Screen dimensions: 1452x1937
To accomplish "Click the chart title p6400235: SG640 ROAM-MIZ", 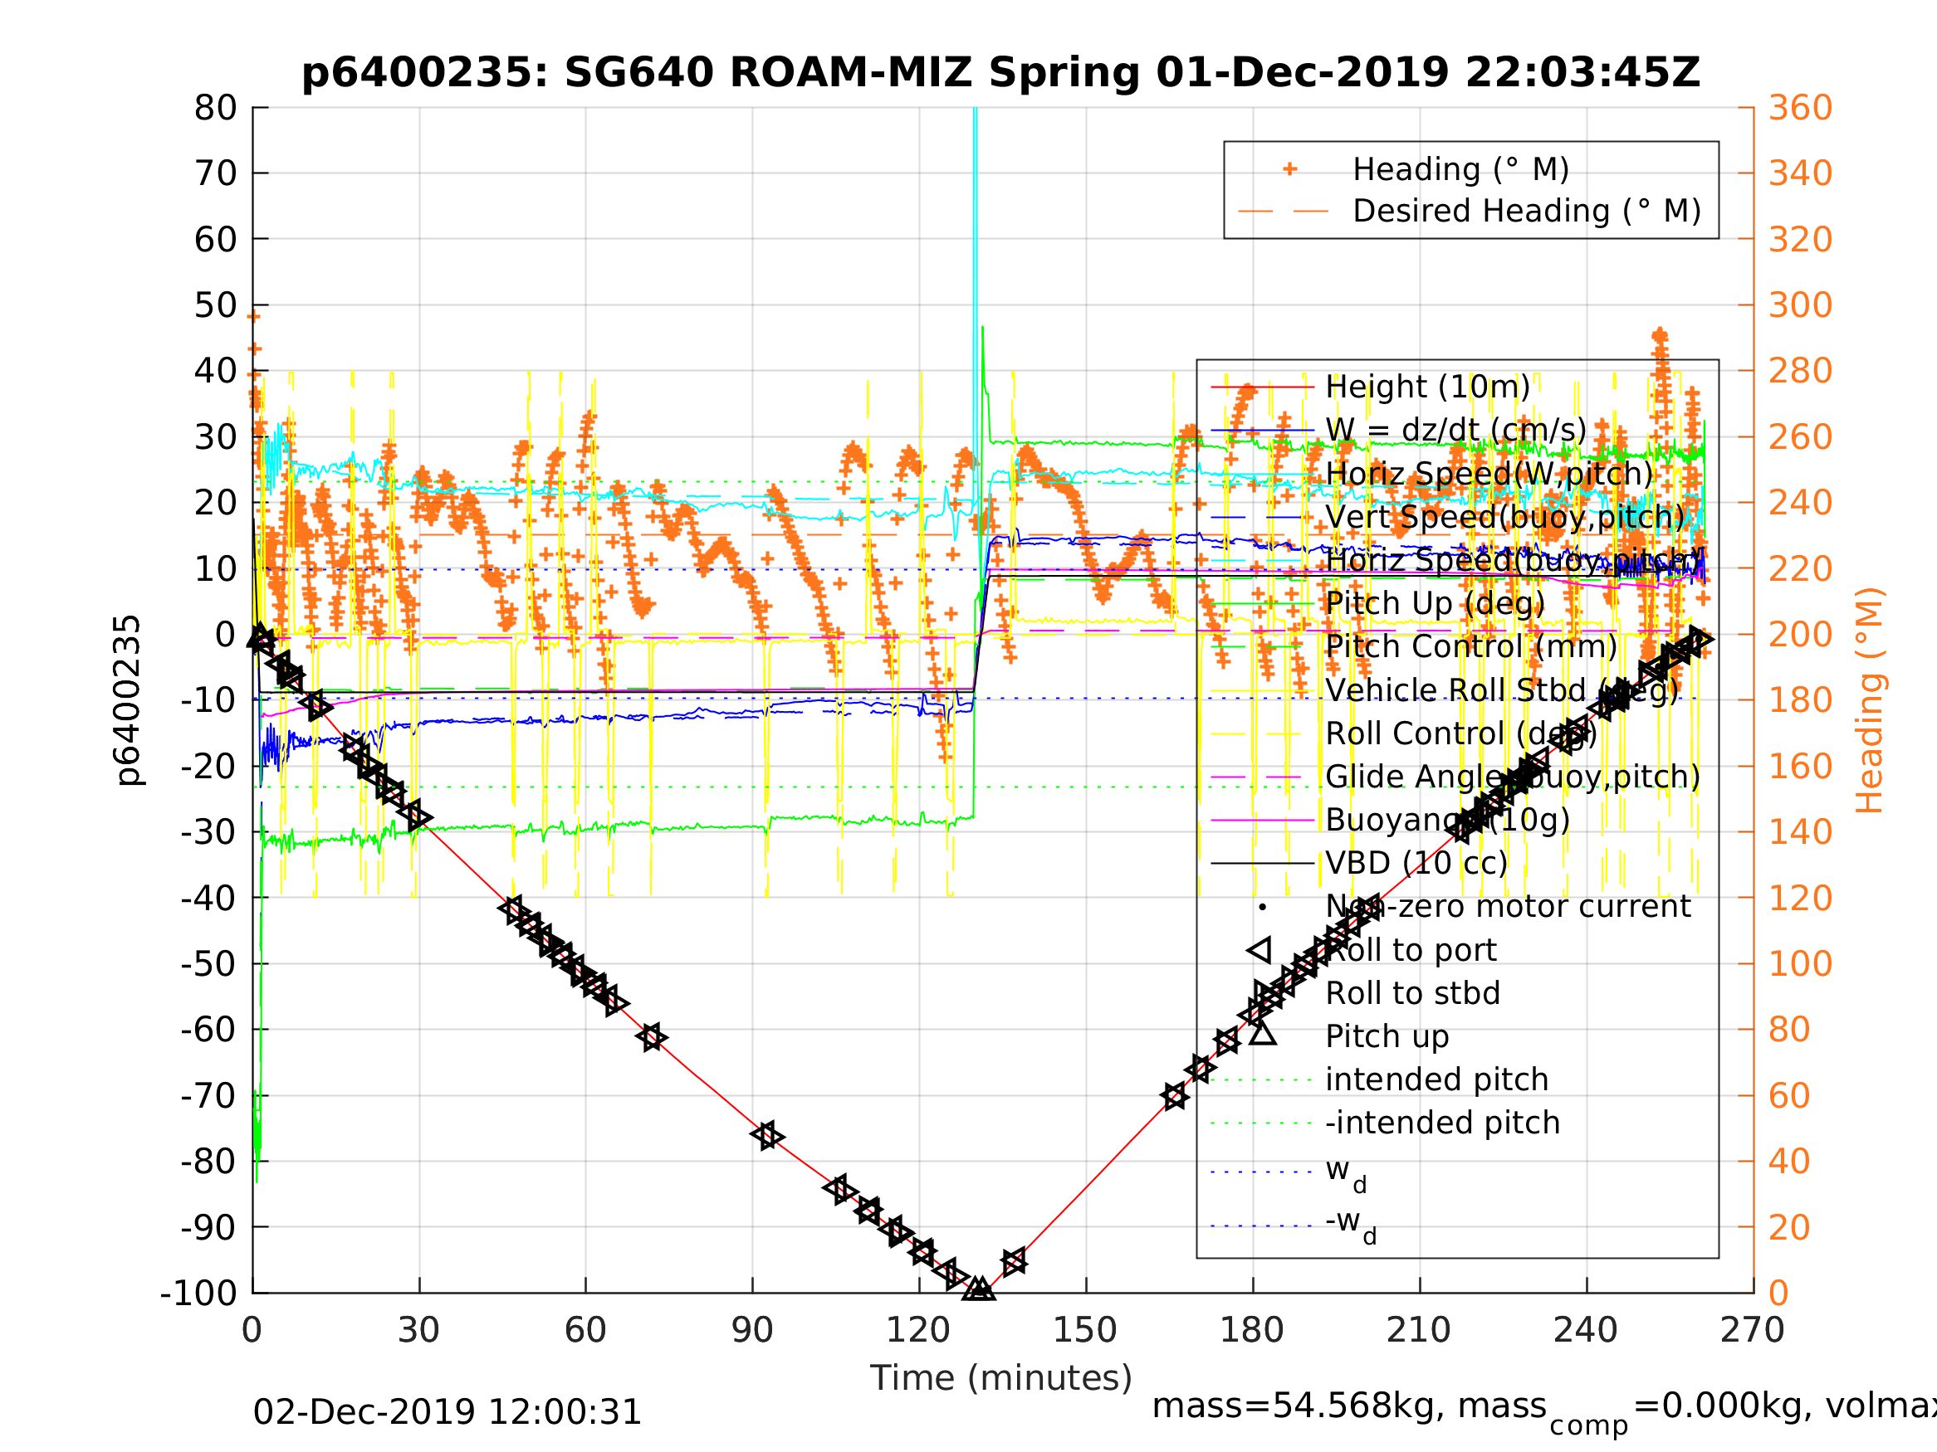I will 1000,74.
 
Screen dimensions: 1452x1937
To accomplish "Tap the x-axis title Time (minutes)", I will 1000,1377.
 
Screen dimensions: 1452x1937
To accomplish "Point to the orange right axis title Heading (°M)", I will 1869,700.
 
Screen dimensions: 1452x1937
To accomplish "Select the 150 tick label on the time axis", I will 1085,1330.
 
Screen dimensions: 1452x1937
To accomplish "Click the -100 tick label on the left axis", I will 198,1293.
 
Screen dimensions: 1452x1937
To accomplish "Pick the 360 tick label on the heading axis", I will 1799,109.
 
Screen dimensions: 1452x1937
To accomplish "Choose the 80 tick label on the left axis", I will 215,109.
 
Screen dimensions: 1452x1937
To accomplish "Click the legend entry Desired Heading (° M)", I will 1525,211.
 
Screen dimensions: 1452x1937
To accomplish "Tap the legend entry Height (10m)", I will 1427,386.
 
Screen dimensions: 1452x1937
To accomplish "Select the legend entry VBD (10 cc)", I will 1416,863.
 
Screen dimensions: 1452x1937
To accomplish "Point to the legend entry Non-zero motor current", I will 1508,906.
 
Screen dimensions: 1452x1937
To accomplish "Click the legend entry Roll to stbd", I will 1412,992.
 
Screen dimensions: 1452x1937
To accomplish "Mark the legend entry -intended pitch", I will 1442,1122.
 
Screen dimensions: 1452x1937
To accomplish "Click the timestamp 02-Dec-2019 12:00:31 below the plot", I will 447,1411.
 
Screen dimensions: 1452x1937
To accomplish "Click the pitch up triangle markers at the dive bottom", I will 978,1289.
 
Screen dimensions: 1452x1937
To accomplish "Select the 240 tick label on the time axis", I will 1585,1330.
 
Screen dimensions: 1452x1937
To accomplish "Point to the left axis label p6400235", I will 129,700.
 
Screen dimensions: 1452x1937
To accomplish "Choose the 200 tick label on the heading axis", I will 1799,635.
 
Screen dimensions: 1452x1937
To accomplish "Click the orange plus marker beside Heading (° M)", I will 1289,169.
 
